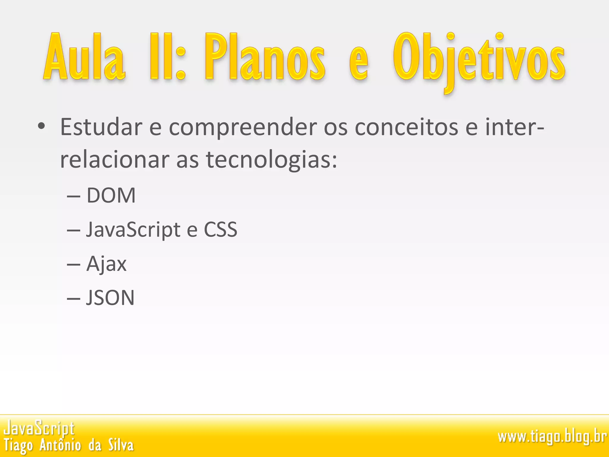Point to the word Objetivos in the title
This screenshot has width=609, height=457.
point(479,60)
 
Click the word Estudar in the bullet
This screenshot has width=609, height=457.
point(101,127)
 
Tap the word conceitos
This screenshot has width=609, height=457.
point(406,127)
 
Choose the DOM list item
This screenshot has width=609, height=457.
point(111,195)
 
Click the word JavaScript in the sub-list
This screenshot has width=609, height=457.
point(133,230)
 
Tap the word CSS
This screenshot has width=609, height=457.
point(220,230)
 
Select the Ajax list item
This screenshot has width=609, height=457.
point(106,264)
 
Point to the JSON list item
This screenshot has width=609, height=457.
point(110,298)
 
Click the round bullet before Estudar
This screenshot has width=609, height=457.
point(41,126)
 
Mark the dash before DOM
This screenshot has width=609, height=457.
point(73,196)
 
